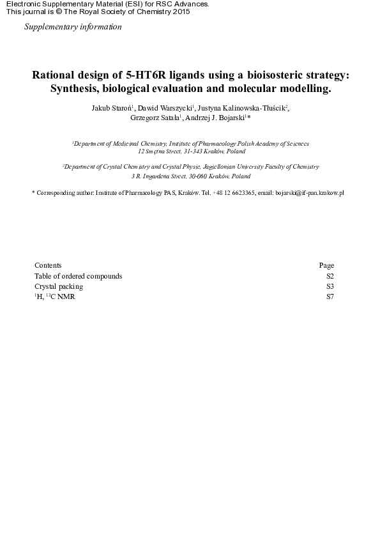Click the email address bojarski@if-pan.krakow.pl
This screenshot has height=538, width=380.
point(309,192)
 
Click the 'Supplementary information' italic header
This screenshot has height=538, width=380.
point(72,27)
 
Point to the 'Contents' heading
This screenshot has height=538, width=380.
point(48,266)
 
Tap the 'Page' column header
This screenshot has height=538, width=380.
point(326,266)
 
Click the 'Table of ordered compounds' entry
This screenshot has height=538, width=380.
point(78,276)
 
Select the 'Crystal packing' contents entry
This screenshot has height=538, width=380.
point(59,286)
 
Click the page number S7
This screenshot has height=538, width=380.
point(330,296)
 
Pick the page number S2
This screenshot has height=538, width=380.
point(330,276)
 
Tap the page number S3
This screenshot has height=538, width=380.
point(330,286)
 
